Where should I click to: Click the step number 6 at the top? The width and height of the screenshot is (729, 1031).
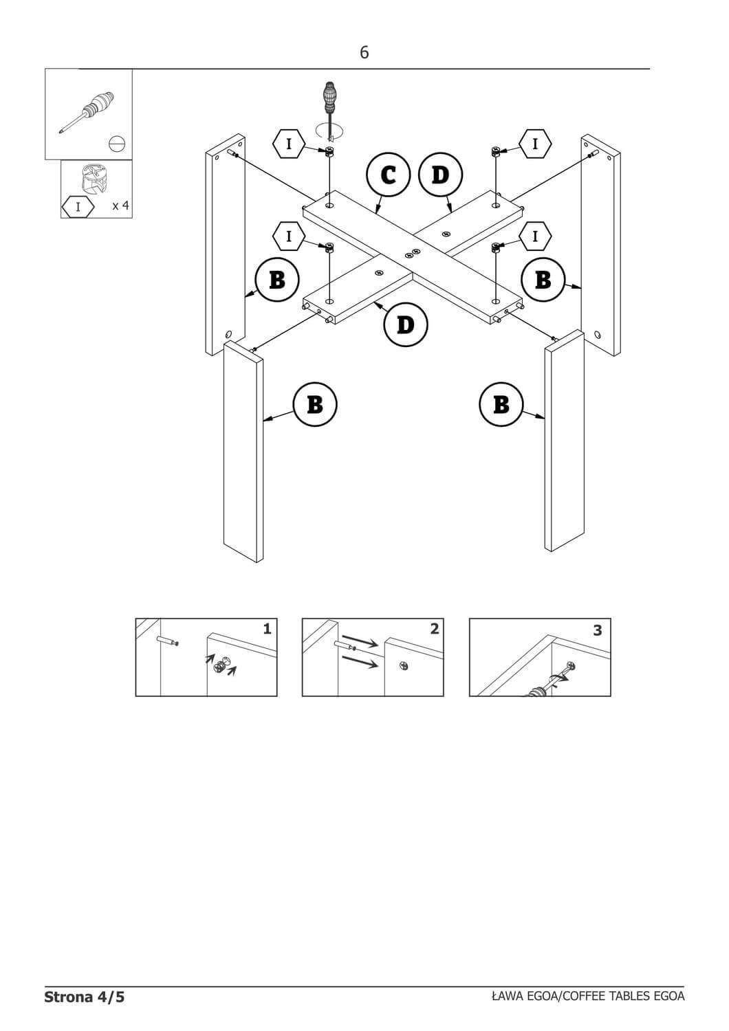click(364, 52)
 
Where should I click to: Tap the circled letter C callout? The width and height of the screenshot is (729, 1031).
click(389, 175)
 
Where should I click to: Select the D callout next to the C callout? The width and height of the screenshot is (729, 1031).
click(440, 175)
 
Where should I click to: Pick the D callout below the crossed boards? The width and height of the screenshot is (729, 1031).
click(406, 324)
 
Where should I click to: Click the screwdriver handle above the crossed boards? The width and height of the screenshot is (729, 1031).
click(330, 100)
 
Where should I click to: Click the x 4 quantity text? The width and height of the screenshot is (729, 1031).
click(120, 206)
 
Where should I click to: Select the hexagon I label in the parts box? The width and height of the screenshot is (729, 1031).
click(78, 206)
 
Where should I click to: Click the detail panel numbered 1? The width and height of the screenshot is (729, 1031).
click(206, 657)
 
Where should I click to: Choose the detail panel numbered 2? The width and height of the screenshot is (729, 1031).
click(373, 657)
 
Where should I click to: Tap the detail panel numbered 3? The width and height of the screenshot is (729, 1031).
click(540, 657)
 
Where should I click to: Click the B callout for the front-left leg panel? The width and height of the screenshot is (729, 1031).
click(315, 404)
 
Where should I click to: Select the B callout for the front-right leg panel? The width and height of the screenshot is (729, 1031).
click(501, 404)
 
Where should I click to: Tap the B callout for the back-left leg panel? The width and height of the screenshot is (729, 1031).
click(277, 280)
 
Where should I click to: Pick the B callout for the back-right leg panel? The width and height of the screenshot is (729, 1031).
click(543, 280)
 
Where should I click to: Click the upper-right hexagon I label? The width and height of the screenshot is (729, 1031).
click(534, 144)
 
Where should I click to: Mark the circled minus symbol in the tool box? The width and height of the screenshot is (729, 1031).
click(117, 144)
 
